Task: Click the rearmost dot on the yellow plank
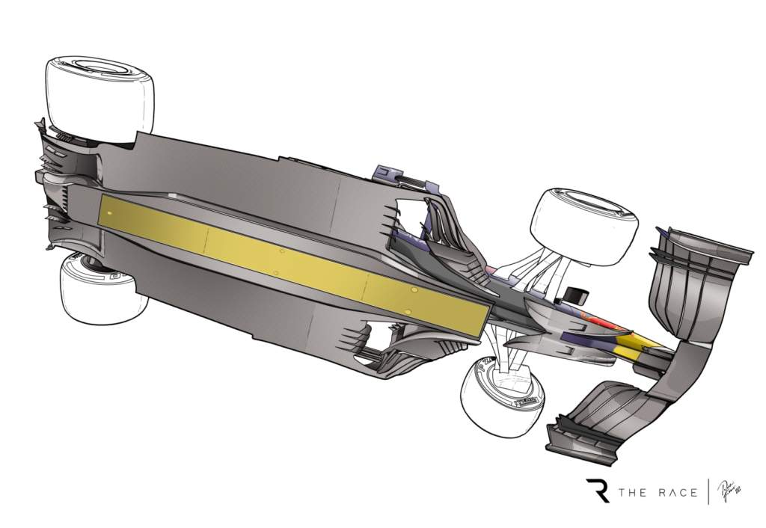[x=110, y=214]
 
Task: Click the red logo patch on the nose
[x=598, y=326]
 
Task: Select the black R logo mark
[x=598, y=491]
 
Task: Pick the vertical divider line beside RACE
[x=708, y=491]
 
